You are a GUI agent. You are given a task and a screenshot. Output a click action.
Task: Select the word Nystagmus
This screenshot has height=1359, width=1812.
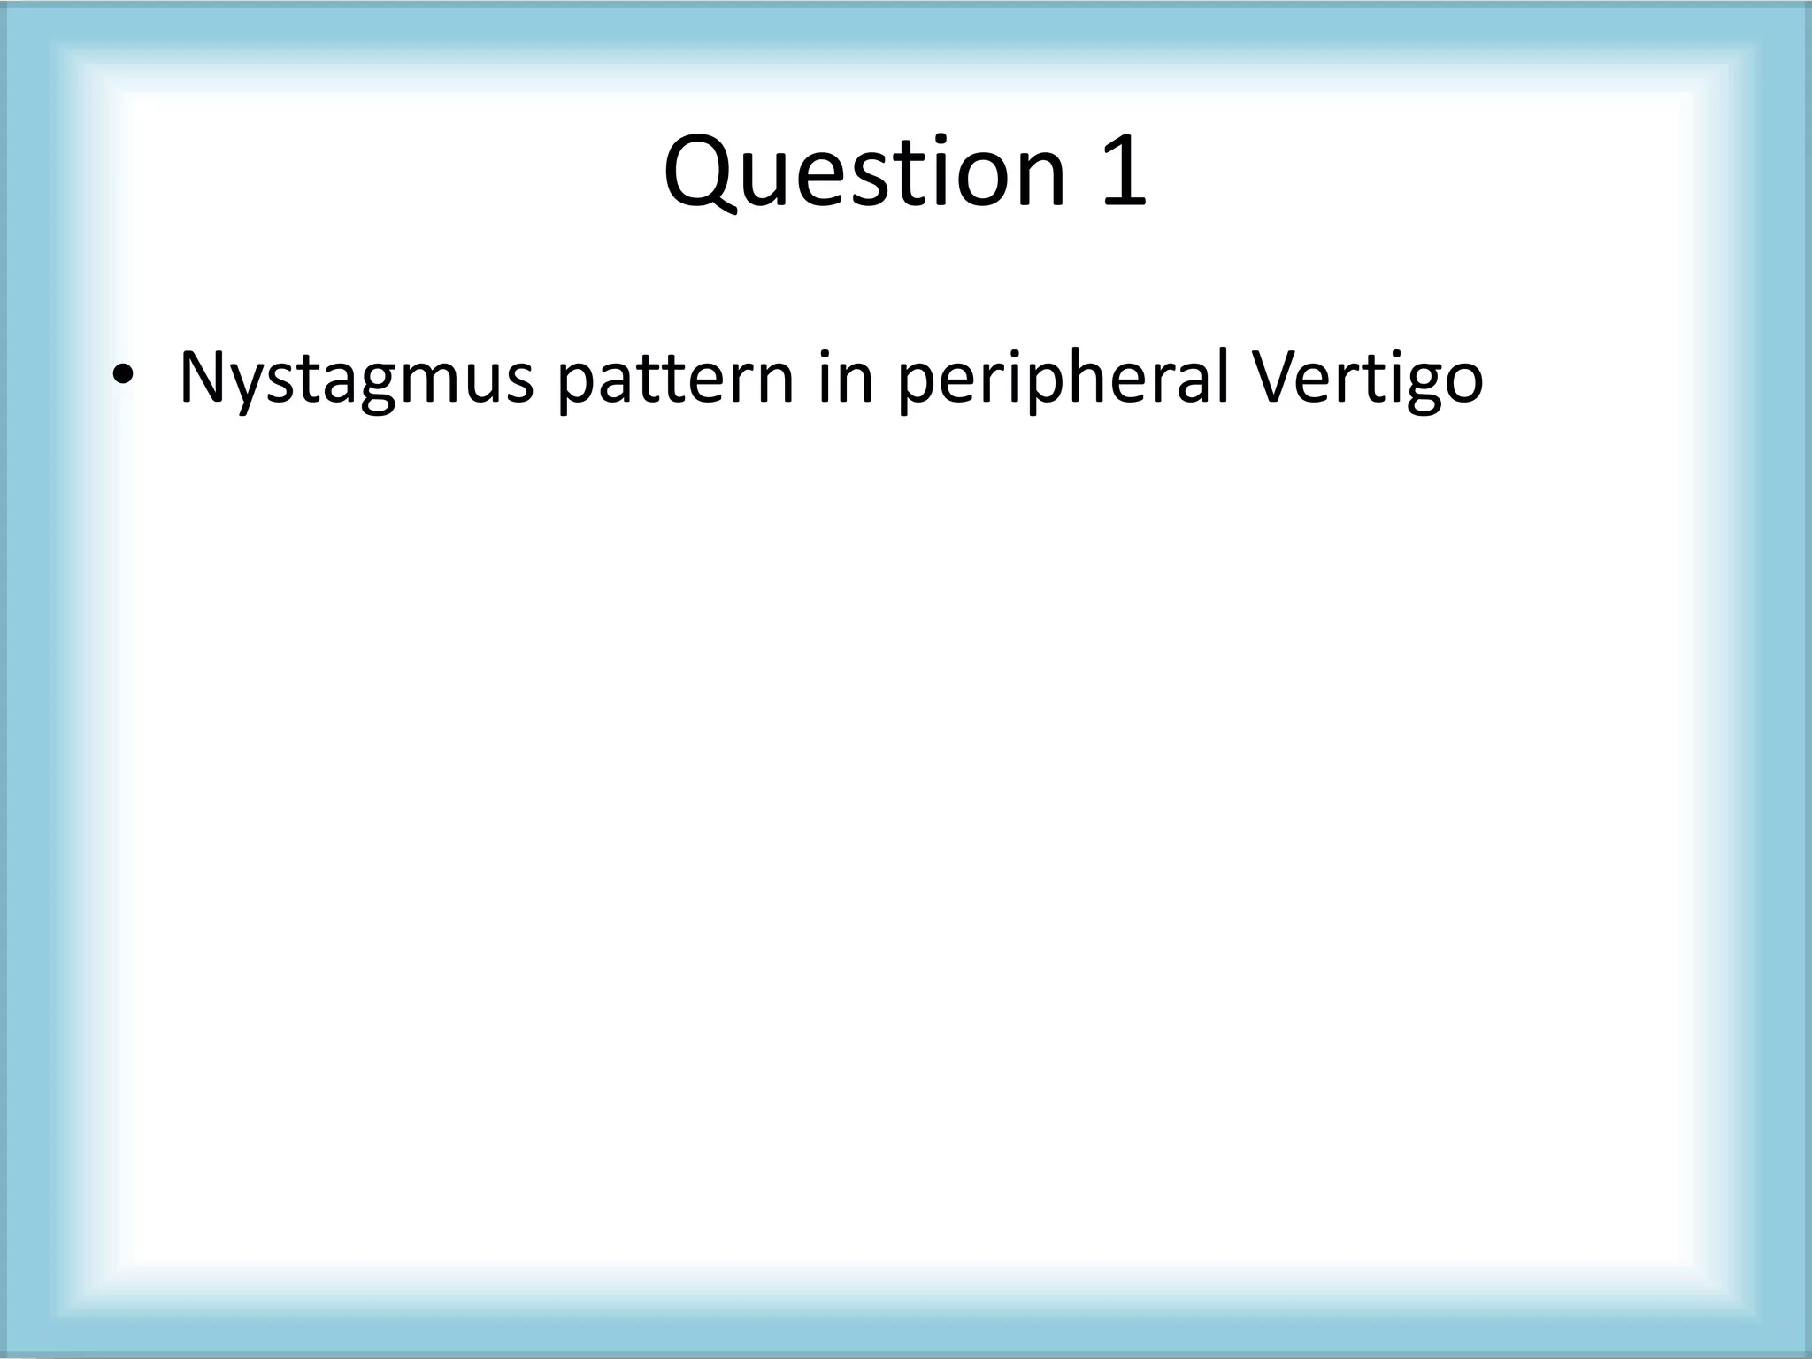point(356,379)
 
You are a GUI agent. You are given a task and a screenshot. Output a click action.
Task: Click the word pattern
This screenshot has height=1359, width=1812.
point(675,379)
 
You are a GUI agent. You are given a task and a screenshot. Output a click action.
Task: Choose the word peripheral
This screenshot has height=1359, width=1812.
point(1063,379)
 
